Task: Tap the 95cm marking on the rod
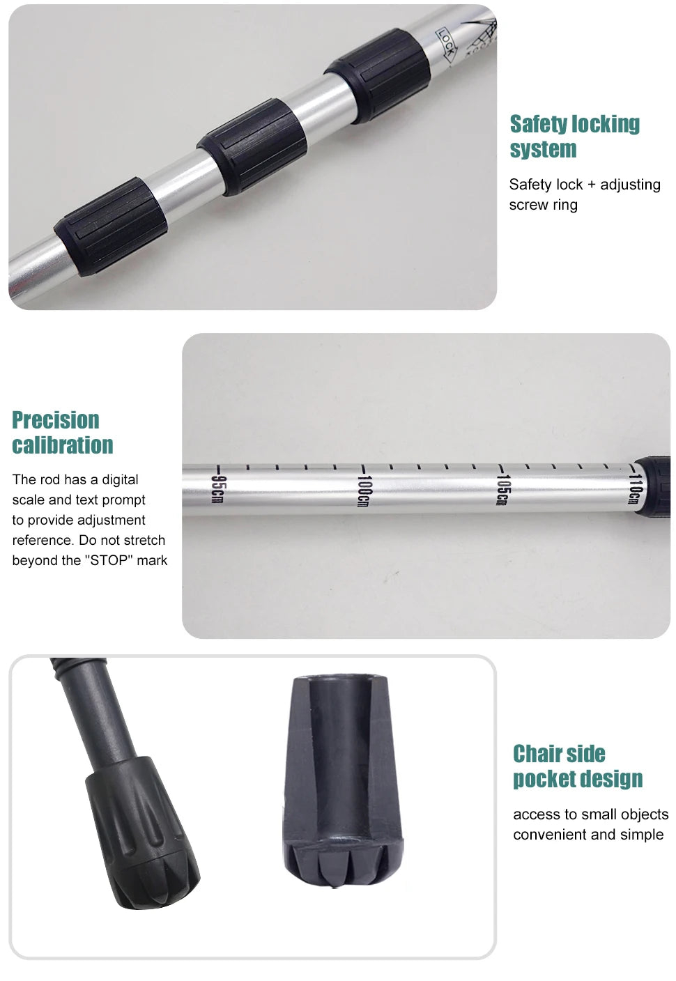tap(217, 489)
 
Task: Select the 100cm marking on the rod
tap(364, 491)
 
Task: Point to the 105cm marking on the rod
tap(502, 490)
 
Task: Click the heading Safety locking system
tap(574, 137)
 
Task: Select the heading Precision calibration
tap(62, 433)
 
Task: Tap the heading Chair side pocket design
tap(578, 766)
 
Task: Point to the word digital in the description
tap(120, 480)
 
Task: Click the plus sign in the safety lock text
tap(592, 185)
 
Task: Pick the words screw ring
tap(544, 205)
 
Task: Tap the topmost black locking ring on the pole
tap(377, 75)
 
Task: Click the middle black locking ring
tap(253, 146)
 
